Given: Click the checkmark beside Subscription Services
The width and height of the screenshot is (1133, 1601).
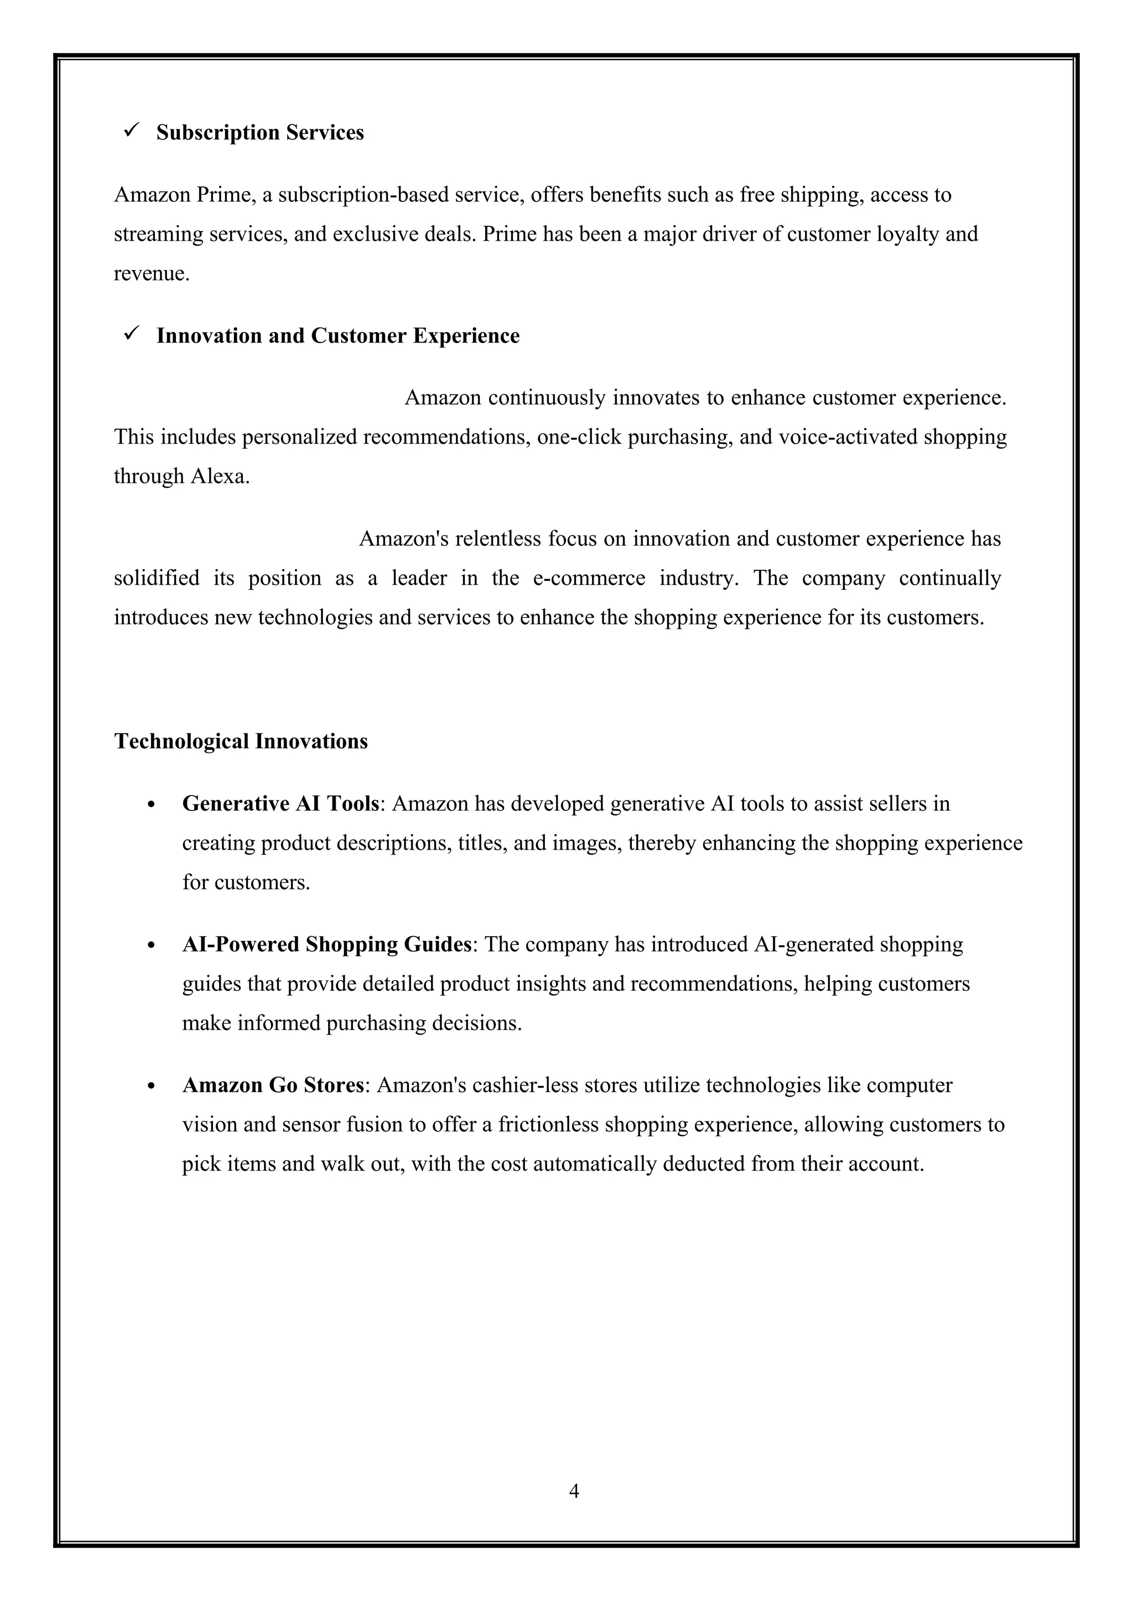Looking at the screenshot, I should click(x=131, y=130).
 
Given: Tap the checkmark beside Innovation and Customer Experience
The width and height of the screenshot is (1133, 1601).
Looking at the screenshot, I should click(x=131, y=334).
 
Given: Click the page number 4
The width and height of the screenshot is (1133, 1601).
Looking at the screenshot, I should click(x=574, y=1491).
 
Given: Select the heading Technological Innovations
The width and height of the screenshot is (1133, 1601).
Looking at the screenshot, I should click(x=241, y=741).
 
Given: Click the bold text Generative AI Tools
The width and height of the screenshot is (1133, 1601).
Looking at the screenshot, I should click(x=280, y=804).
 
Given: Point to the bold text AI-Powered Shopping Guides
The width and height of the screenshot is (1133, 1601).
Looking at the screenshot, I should click(x=326, y=944).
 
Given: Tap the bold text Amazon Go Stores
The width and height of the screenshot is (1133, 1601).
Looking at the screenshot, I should click(x=273, y=1085).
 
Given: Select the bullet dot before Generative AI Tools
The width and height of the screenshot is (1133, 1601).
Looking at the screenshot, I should click(x=152, y=805).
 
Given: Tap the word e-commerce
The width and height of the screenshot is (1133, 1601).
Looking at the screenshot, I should click(x=589, y=578).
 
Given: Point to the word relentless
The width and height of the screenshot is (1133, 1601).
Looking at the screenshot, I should click(x=497, y=539).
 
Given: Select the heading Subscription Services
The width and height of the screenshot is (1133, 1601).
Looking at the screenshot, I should click(x=259, y=133).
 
